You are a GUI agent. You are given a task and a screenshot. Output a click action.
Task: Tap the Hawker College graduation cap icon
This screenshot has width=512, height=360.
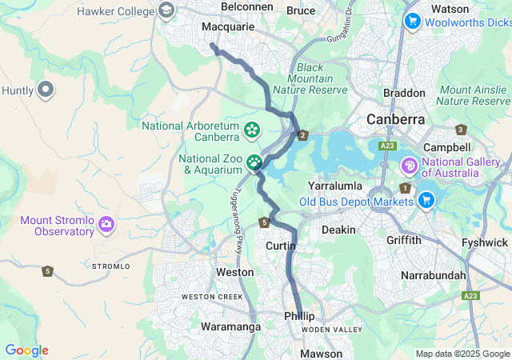[166, 10]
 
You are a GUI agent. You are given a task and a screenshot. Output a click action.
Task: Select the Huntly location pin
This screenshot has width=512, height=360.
[45, 90]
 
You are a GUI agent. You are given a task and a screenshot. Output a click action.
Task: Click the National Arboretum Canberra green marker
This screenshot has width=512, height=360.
[251, 129]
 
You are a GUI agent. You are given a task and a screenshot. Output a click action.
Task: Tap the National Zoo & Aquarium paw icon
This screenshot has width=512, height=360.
[254, 163]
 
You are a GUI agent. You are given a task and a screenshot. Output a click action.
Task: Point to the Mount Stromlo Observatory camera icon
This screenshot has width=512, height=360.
[106, 225]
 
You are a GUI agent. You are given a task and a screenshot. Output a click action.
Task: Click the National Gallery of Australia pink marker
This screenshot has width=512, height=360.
[409, 166]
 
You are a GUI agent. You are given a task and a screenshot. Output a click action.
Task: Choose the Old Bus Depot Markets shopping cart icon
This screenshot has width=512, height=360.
[426, 200]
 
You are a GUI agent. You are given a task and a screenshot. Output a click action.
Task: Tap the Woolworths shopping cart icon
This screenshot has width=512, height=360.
[412, 20]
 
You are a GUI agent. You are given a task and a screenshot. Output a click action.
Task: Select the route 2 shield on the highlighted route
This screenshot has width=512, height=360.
[302, 134]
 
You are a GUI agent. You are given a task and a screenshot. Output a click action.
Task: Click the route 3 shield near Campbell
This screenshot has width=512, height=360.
[460, 130]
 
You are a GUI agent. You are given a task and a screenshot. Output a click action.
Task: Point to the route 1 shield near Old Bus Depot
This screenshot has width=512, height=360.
[406, 188]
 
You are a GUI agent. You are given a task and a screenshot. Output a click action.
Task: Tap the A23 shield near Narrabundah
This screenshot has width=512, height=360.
[471, 296]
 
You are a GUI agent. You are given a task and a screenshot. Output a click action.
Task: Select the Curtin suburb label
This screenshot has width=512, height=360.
[280, 246]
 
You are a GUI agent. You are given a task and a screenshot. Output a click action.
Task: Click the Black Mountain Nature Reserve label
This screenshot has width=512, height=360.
[314, 79]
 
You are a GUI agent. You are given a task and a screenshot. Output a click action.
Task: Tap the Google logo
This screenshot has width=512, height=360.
[26, 350]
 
